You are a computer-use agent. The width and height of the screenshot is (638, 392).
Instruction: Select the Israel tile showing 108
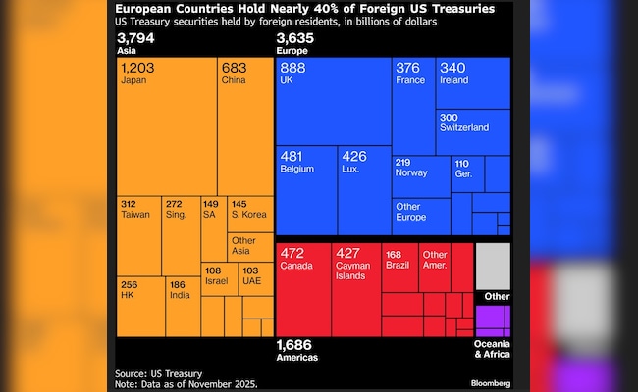coord(215,277)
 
